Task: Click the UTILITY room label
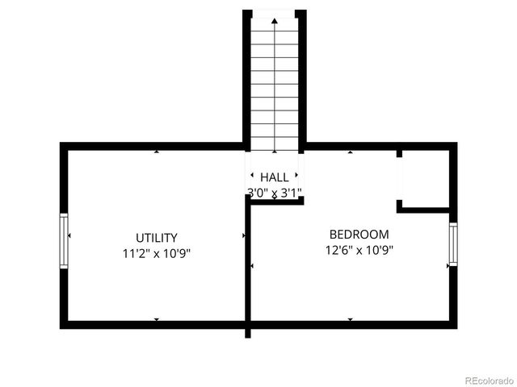coord(157,238)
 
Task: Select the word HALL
coord(275,177)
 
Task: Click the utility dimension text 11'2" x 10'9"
coord(157,252)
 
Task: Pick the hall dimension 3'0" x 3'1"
coord(275,193)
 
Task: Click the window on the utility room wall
coord(64,241)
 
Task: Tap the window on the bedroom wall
coord(453,244)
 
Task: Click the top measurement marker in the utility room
coord(157,152)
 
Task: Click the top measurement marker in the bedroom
coord(350,152)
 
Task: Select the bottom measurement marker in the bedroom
coord(350,319)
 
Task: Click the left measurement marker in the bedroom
coord(252,265)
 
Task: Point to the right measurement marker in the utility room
coord(243,235)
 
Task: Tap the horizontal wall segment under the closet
coord(426,210)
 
